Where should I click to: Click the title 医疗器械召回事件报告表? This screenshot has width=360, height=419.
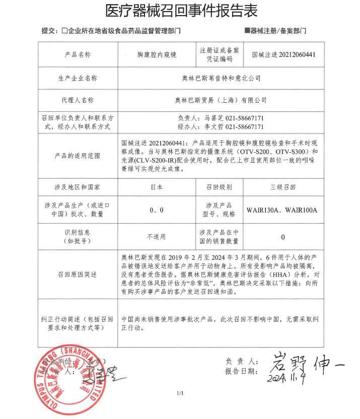coord(181,11)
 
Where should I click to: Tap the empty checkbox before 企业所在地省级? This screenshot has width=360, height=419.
coord(65,31)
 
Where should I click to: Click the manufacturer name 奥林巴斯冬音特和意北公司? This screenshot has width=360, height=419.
coord(221,79)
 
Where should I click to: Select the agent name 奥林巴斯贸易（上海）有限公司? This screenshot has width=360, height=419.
coord(221,100)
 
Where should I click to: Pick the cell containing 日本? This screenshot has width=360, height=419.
coord(157,187)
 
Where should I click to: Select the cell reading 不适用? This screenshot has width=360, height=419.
coord(157,237)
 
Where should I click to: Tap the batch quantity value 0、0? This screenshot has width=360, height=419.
coord(157,210)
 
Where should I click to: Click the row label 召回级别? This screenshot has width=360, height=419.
coord(219,187)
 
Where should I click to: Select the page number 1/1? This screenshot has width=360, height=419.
coord(180,393)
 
